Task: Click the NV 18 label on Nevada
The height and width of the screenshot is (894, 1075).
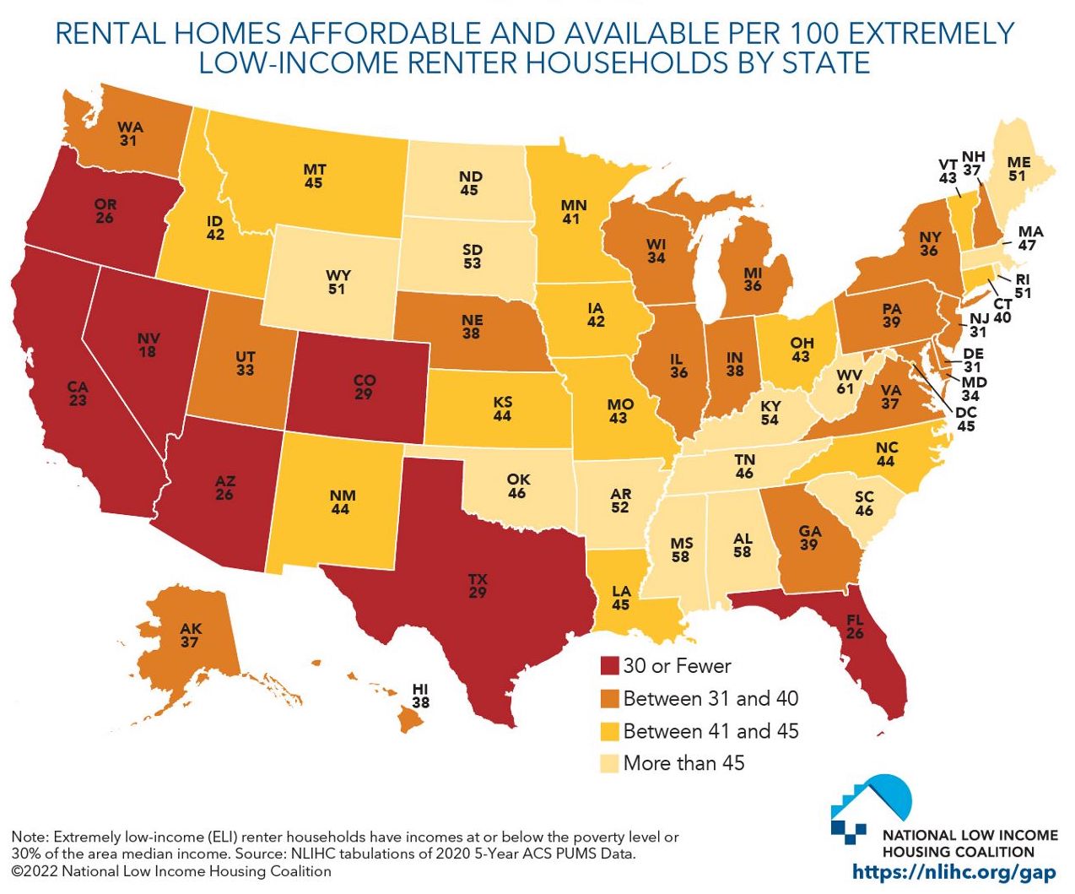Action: (x=149, y=344)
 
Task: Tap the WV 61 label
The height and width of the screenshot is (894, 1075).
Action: (x=845, y=382)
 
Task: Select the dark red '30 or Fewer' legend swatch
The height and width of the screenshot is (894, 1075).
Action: (x=609, y=666)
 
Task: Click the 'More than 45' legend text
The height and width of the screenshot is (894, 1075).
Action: (x=683, y=763)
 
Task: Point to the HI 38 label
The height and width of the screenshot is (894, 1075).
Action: (x=420, y=696)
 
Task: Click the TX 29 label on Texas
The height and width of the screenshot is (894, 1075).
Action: (x=478, y=586)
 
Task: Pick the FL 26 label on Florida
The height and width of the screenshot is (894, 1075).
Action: (x=855, y=626)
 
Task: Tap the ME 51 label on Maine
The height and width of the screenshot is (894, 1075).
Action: (x=1018, y=169)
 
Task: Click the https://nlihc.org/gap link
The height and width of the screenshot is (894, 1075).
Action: (x=953, y=873)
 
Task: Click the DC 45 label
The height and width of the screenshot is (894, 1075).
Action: (x=966, y=419)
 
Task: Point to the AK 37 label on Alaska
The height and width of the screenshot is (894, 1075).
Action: (x=191, y=635)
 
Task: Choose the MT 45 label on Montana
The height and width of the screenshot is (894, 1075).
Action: (x=314, y=176)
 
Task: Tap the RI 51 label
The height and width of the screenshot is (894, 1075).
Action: (x=1023, y=286)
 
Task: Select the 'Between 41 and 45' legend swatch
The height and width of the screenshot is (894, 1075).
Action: (x=609, y=731)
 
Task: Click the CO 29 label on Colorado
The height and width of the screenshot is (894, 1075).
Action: (x=364, y=387)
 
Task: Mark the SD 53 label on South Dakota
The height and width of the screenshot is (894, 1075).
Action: (x=472, y=256)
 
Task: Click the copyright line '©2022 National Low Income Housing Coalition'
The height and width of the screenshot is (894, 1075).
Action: (x=171, y=871)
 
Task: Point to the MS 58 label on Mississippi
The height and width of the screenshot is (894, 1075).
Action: (x=680, y=550)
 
